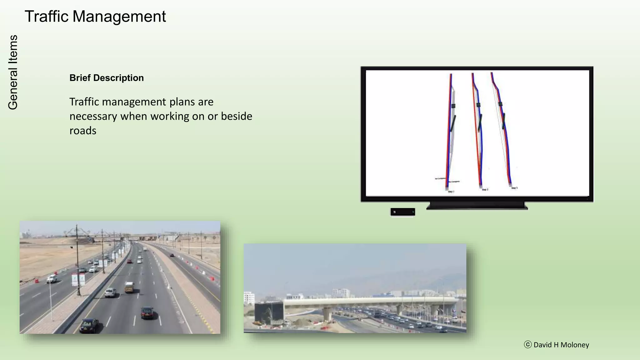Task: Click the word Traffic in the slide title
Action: pos(46,17)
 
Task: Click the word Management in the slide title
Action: pos(119,17)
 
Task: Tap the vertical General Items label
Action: pos(13,72)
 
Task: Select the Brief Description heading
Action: pos(107,78)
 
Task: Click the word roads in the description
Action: pos(83,131)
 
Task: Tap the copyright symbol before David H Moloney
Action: pos(527,345)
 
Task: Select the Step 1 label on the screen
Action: pos(451,191)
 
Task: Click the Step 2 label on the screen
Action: pos(485,189)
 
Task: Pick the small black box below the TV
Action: pos(402,212)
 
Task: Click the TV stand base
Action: pos(477,206)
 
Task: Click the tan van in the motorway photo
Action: pos(129,287)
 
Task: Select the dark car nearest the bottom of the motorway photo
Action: pos(89,326)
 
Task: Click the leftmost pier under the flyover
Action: pos(327,313)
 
